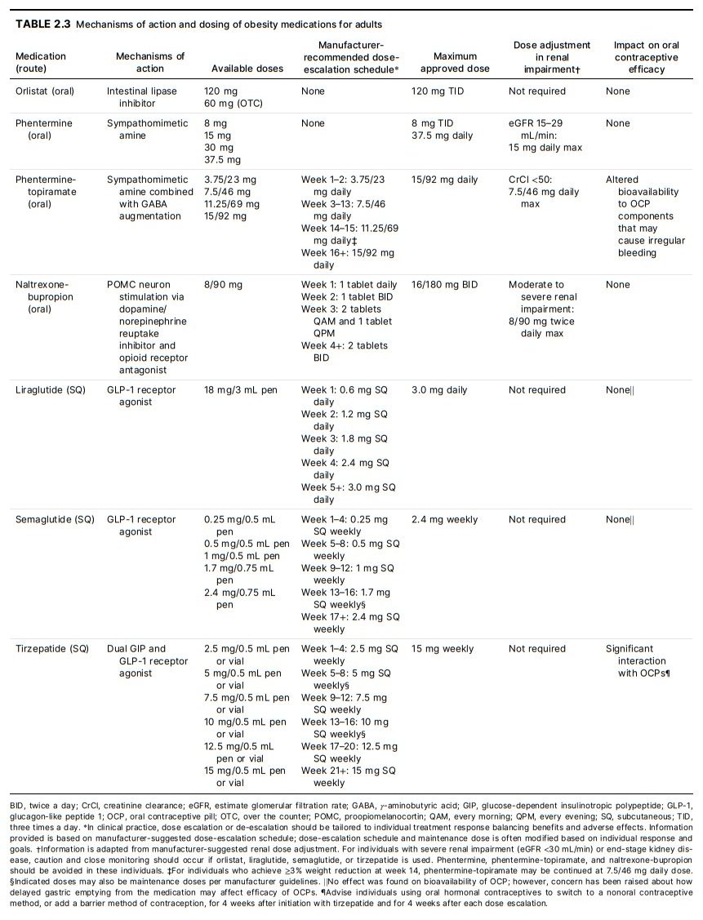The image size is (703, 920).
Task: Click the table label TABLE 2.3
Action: [43, 24]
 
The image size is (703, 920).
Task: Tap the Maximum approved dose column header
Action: [455, 63]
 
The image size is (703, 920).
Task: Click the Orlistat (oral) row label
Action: [45, 91]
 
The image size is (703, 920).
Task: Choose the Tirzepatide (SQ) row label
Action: [51, 649]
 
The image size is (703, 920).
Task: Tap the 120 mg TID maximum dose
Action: [438, 91]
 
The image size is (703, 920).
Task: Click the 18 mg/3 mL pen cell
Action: [240, 390]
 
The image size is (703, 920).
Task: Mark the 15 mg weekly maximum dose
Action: [443, 649]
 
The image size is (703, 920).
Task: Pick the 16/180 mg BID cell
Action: [445, 285]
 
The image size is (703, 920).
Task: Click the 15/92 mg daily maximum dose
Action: [445, 180]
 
